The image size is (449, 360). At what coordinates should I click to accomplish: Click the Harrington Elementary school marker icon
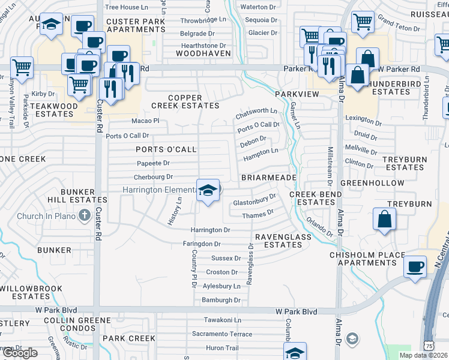[x=208, y=191]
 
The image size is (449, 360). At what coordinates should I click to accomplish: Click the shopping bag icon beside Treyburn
[x=384, y=219]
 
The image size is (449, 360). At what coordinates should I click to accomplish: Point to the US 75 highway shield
[x=429, y=346]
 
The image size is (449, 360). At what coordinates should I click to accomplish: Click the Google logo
[x=20, y=353]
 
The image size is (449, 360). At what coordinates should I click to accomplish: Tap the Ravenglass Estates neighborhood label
[x=283, y=241]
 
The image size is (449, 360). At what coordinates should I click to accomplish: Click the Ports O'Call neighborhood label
[x=166, y=149]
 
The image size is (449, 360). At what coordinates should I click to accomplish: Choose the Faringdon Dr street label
[x=202, y=244]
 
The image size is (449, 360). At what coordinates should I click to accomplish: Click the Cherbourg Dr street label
[x=153, y=177]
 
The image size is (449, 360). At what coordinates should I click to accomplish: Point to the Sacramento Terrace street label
[x=222, y=334]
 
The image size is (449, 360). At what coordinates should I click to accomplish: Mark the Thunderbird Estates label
[x=391, y=88]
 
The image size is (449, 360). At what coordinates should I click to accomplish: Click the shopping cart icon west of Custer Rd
[x=22, y=67]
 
